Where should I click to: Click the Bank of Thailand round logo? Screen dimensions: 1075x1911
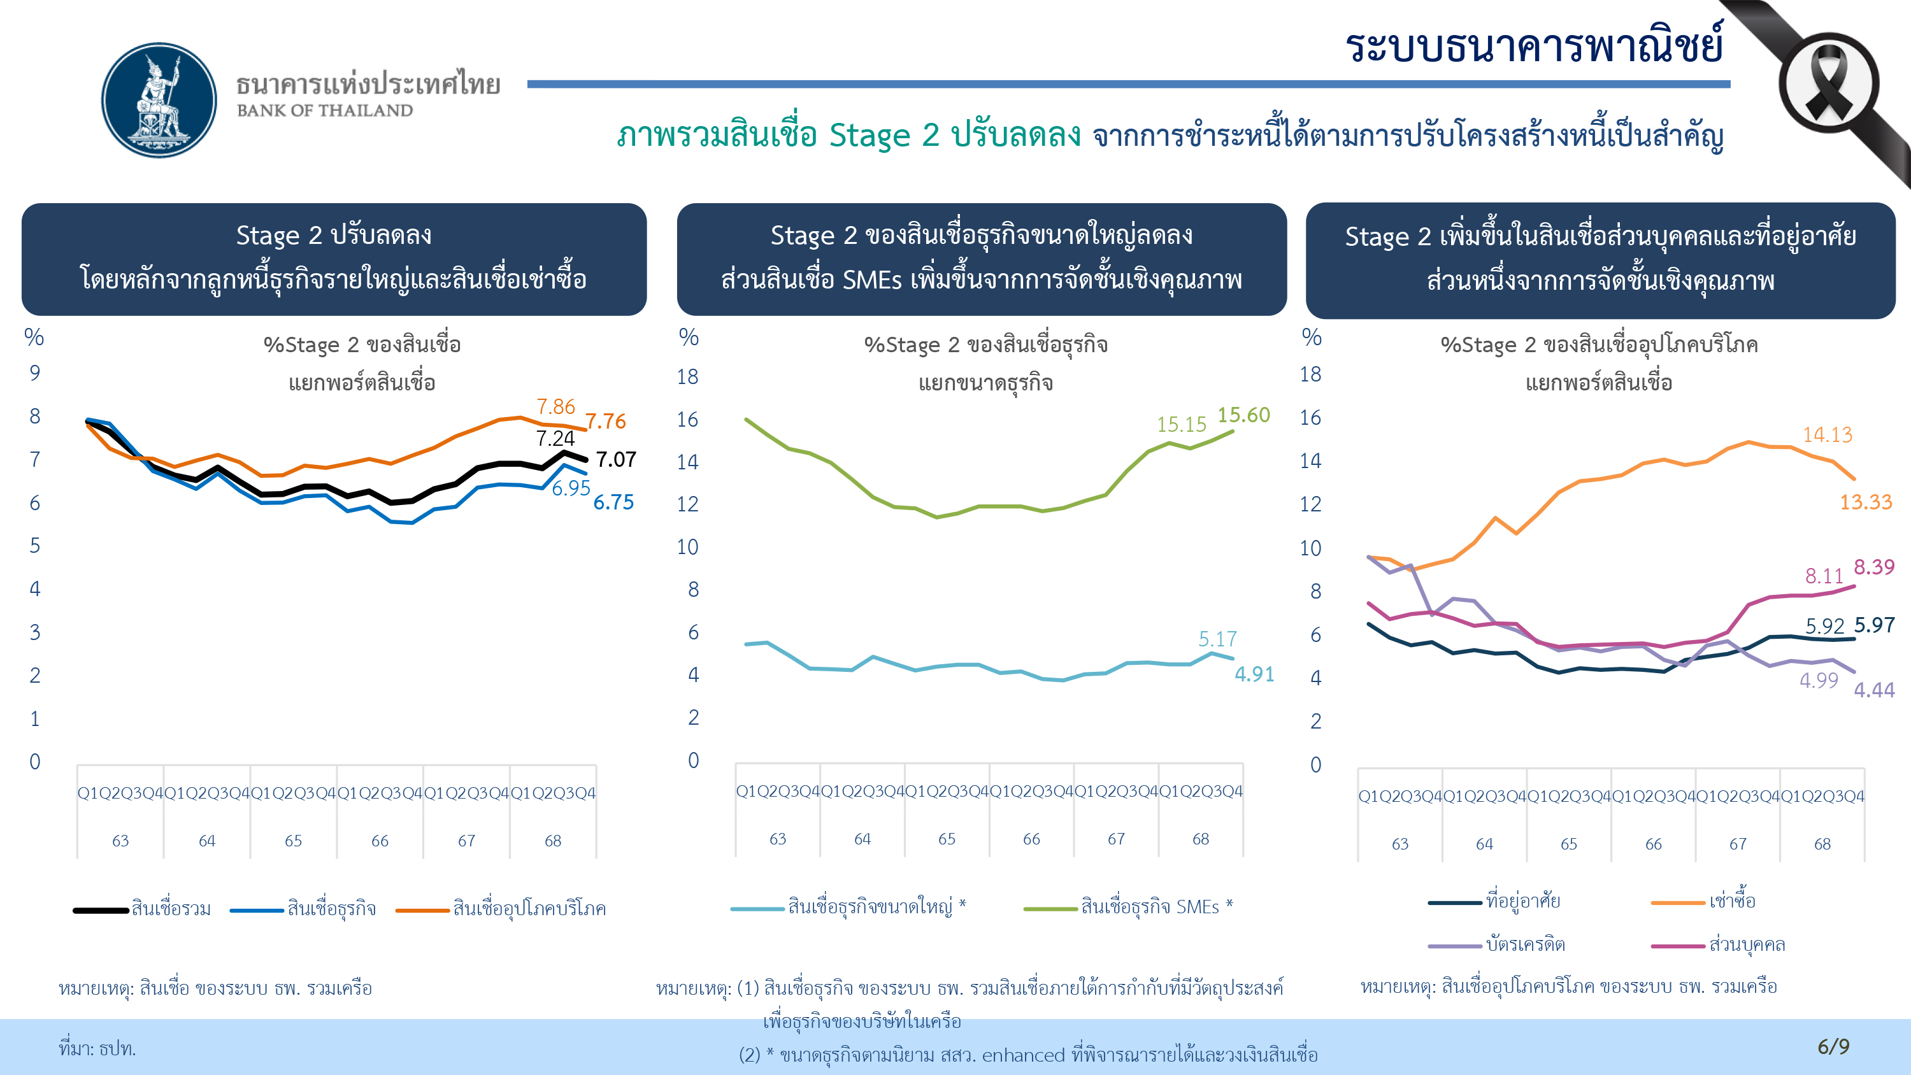coord(159,99)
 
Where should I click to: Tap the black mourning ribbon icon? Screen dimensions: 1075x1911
coord(1829,87)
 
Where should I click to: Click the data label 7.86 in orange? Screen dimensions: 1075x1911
coord(555,406)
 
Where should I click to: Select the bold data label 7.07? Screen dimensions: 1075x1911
coord(616,459)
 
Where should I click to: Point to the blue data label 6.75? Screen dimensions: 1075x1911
coord(613,502)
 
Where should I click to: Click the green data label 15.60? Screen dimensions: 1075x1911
coord(1243,415)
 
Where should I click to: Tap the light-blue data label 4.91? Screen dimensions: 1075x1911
coord(1254,674)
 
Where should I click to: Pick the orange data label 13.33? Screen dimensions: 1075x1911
coord(1866,502)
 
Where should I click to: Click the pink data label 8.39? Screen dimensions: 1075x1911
coord(1874,567)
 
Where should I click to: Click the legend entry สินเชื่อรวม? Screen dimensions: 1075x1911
coord(171,908)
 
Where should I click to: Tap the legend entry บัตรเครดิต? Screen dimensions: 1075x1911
coord(1525,944)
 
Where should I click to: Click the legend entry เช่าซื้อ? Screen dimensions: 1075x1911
coord(1732,901)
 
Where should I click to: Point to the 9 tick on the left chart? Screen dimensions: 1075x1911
coord(35,373)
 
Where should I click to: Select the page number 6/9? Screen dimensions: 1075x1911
coord(1833,1046)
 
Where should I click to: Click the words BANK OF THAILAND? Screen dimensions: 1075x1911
coord(325,111)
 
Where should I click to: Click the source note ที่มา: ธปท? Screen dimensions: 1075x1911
coord(97,1048)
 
